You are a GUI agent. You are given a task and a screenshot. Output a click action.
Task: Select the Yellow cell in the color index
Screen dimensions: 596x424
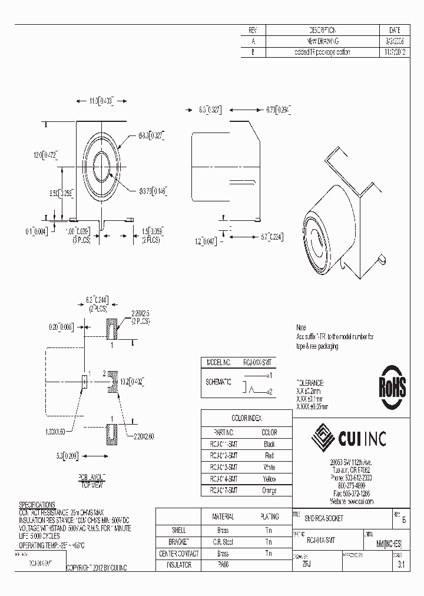click(269, 479)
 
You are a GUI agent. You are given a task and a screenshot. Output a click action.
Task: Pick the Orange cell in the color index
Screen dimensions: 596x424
click(269, 490)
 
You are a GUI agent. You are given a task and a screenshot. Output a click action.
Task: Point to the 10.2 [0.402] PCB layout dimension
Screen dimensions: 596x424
click(130, 381)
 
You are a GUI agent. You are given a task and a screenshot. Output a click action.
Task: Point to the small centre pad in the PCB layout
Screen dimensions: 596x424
click(85, 381)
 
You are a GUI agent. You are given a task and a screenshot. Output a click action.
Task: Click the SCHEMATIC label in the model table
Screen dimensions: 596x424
click(218, 382)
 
